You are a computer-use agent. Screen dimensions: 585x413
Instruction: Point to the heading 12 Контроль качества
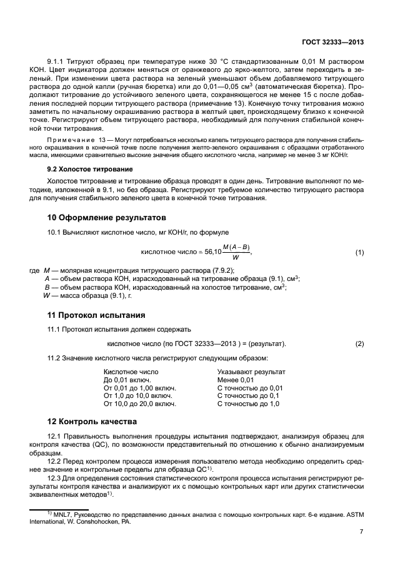92,421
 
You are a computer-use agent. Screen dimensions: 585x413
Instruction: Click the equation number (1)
359,252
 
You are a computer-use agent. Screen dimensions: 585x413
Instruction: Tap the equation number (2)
359,343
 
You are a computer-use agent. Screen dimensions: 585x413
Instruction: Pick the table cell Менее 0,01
236,380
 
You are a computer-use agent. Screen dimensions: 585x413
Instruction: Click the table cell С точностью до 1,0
248,404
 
